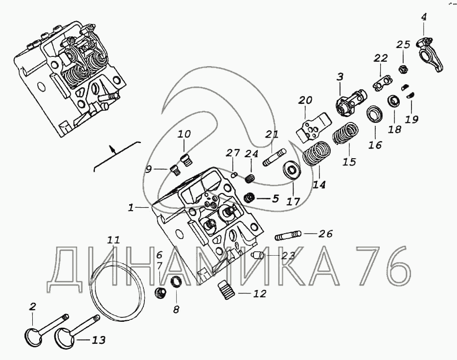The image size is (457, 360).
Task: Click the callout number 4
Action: pyautogui.click(x=423, y=17)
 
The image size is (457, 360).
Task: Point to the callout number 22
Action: pyautogui.click(x=381, y=58)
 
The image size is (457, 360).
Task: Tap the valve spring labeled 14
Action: pyautogui.click(x=316, y=153)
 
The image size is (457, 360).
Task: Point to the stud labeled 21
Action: pyautogui.click(x=274, y=157)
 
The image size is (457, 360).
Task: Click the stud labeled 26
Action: pyautogui.click(x=288, y=236)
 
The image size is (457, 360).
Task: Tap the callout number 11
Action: pyautogui.click(x=114, y=240)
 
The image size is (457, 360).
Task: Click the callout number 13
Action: pyautogui.click(x=99, y=340)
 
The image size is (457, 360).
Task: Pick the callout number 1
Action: pyautogui.click(x=131, y=208)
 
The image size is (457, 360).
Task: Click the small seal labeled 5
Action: pyautogui.click(x=250, y=198)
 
